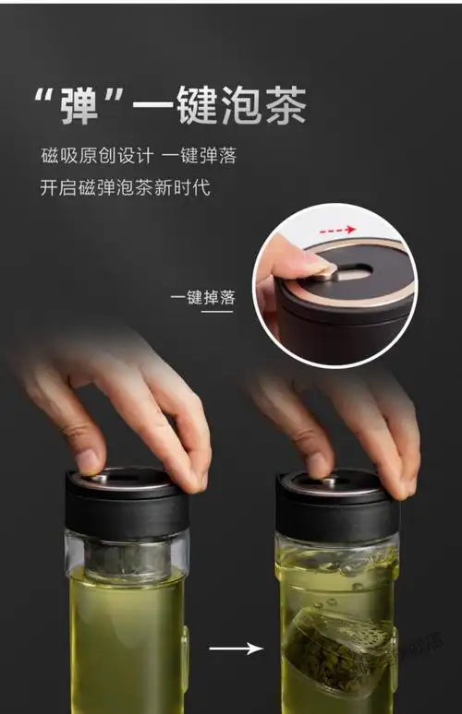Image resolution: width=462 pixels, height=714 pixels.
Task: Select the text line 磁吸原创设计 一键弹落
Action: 143,155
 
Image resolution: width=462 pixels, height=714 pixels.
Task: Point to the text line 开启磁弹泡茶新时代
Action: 126,187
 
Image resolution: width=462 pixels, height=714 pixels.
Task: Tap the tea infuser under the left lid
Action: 127,558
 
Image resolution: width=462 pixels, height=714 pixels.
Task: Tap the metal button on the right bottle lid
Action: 329,482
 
